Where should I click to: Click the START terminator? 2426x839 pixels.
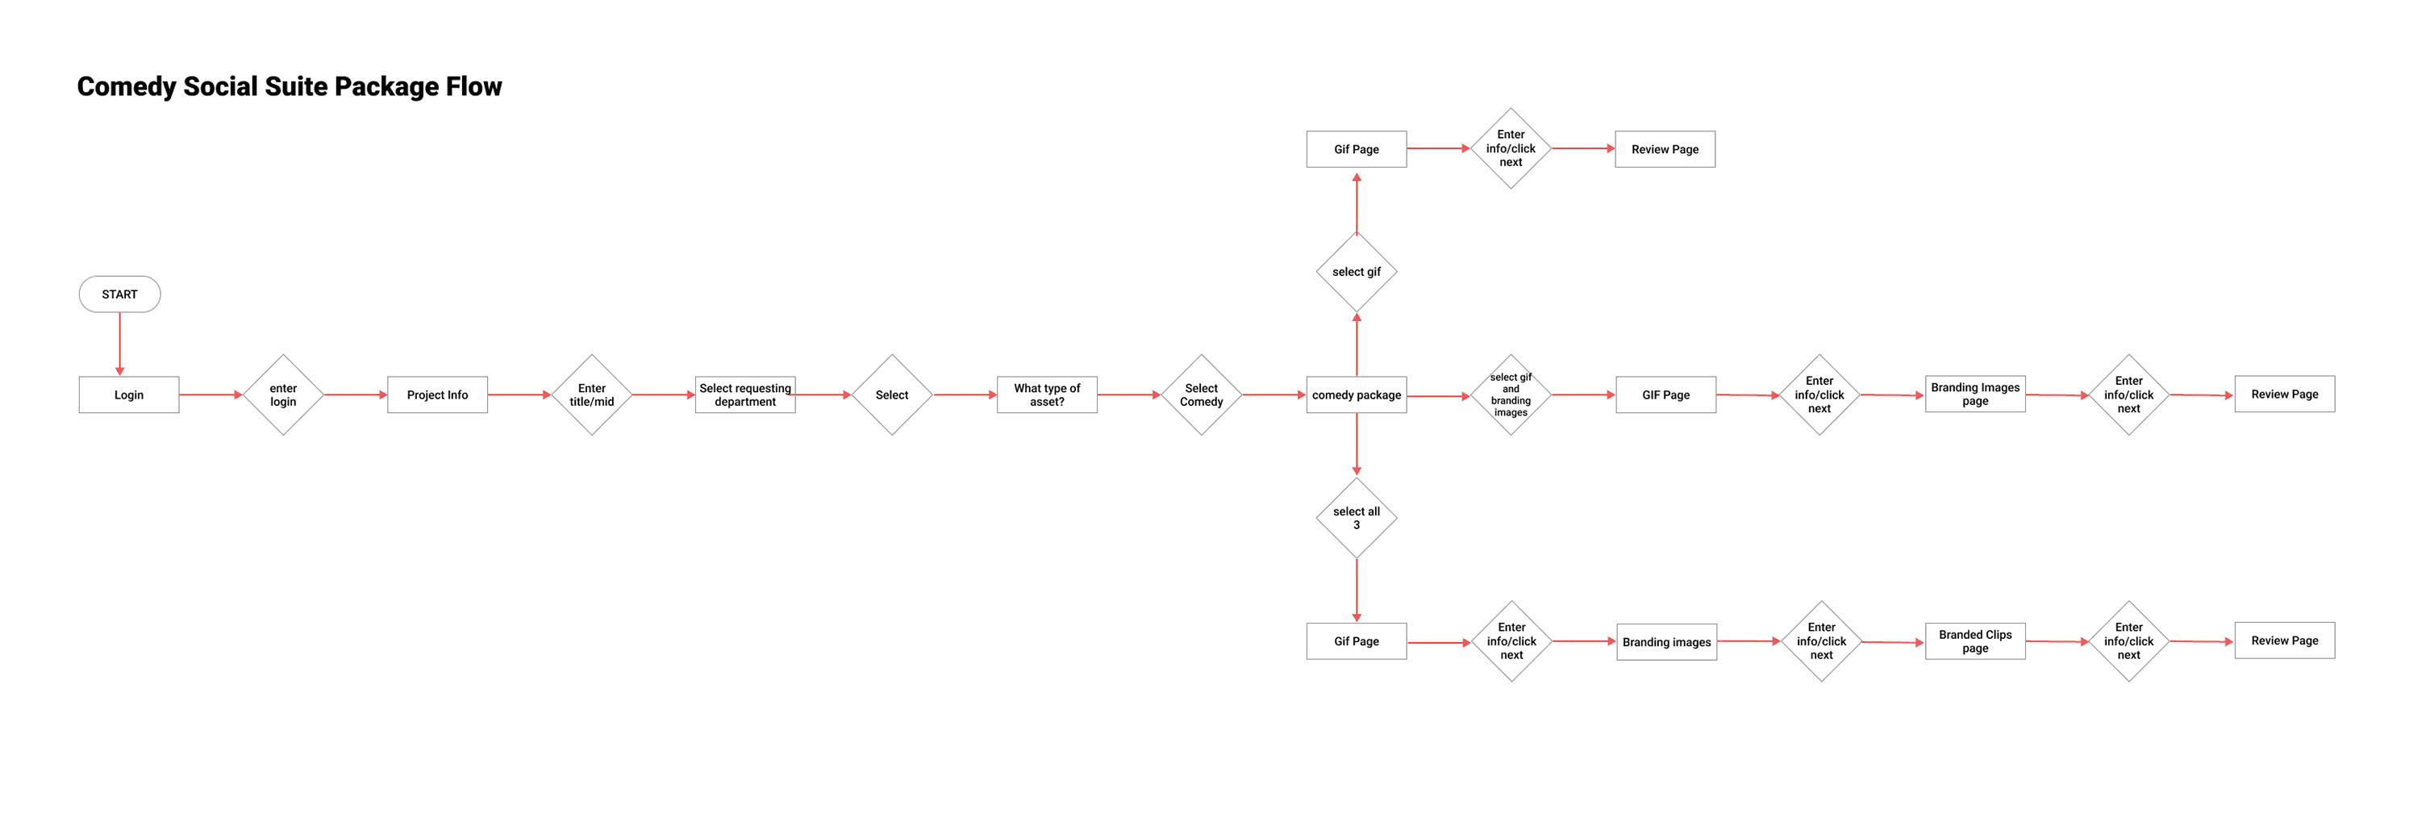coord(119,294)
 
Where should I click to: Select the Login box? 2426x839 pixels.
coord(129,394)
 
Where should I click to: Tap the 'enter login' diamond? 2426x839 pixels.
coord(282,394)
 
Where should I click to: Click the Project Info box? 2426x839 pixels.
coord(437,394)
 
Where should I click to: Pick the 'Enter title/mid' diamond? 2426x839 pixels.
coord(591,394)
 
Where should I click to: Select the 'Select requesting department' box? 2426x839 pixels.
coord(745,394)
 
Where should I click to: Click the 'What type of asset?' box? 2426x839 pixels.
coord(1046,394)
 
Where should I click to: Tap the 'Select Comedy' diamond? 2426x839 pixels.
coord(1201,394)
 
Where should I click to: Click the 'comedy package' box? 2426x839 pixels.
coord(1356,394)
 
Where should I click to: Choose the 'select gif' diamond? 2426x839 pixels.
coord(1356,272)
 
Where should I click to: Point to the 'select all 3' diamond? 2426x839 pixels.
coord(1356,518)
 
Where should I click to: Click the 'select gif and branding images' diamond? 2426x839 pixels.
coord(1511,394)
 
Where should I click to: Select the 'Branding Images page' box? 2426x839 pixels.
coord(1975,394)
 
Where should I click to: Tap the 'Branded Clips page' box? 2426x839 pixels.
coord(1975,641)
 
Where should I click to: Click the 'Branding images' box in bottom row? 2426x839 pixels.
coord(1666,642)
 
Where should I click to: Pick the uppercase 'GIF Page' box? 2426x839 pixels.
coord(1665,394)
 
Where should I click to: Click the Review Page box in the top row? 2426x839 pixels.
coord(1664,148)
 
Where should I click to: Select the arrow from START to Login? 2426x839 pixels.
coord(119,344)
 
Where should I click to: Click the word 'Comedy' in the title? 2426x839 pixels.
coord(126,86)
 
